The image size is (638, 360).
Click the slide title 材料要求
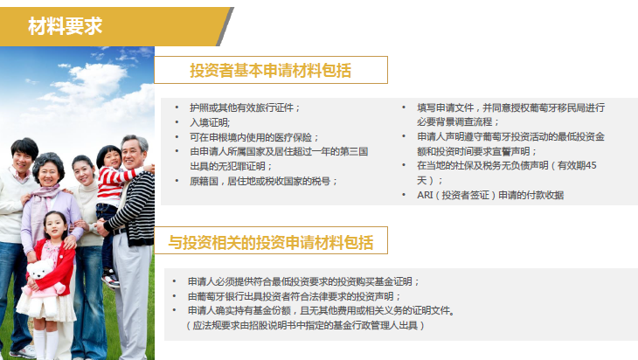click(65, 26)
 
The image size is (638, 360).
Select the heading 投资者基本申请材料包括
click(271, 71)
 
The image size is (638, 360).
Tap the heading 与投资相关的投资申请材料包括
click(271, 242)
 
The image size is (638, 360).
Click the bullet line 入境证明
click(210, 122)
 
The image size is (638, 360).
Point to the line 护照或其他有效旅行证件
click(245, 107)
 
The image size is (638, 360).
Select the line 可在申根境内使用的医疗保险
click(254, 137)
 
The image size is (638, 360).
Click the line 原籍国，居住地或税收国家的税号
click(263, 181)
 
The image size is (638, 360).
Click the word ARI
click(425, 195)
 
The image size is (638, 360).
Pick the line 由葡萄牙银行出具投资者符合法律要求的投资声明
click(295, 296)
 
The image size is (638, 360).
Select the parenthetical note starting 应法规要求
click(305, 325)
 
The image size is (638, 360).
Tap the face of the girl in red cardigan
click(56, 226)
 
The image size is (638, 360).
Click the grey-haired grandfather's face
click(133, 154)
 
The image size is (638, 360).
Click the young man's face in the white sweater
click(23, 157)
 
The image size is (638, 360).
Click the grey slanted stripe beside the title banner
click(225, 26)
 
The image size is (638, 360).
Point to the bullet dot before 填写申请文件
click(404, 107)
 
